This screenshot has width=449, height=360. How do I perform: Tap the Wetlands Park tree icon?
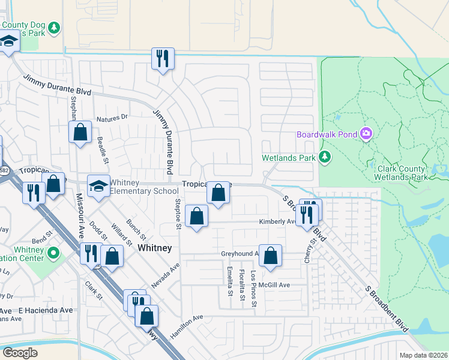coord(325,158)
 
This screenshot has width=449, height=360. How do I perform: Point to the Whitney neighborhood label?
coord(155,248)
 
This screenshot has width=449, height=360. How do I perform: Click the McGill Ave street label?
coord(274,285)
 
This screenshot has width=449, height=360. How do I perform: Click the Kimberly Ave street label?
coord(276,221)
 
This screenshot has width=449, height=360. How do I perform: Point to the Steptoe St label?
coord(178,214)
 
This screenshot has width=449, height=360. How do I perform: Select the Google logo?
coord(20,352)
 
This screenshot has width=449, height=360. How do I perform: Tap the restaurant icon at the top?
coord(162,59)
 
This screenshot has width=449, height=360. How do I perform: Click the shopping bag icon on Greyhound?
coord(270,255)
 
